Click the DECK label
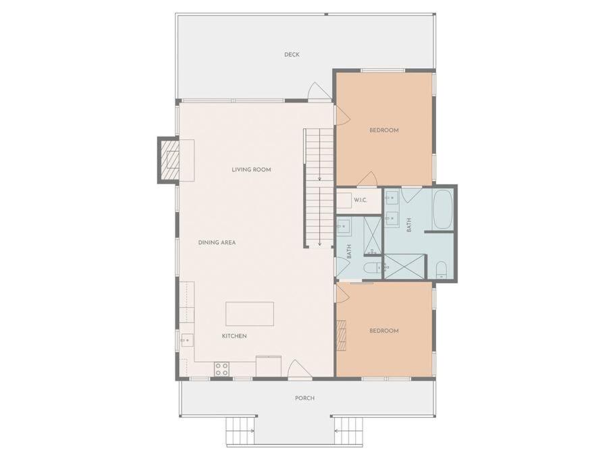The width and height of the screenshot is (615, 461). tap(292, 55)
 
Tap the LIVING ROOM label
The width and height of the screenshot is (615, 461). tap(251, 169)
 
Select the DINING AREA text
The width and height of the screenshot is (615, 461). tap(217, 243)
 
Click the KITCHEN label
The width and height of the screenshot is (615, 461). tap(234, 336)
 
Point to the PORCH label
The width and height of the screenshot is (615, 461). tap(304, 398)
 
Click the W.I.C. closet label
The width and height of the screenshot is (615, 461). tap(360, 200)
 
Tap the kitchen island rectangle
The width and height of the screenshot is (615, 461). tap(250, 314)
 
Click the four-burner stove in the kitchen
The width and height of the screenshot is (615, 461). tap(221, 369)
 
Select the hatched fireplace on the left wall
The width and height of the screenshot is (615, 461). tap(169, 160)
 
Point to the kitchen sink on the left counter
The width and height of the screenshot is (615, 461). tap(187, 340)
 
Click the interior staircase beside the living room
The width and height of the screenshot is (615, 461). tap(319, 188)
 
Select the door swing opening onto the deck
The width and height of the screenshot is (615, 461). tap(316, 91)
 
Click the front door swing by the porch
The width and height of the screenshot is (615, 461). tap(297, 370)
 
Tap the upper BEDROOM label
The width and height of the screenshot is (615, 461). tap(384, 130)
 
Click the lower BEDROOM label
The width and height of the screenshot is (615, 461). tap(384, 331)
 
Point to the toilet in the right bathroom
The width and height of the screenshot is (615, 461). tap(442, 271)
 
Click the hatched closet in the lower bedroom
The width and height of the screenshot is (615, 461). tap(342, 335)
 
